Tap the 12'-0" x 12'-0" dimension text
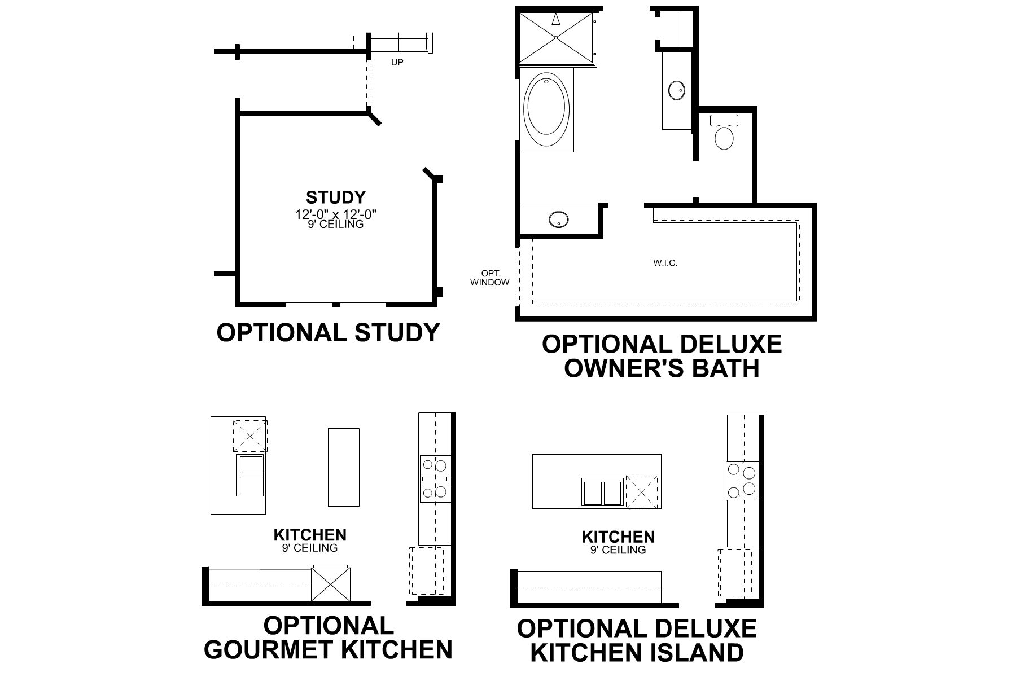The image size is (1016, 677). pyautogui.click(x=335, y=214)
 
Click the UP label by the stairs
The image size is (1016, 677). pyautogui.click(x=397, y=63)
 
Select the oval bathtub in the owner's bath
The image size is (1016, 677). pyautogui.click(x=545, y=107)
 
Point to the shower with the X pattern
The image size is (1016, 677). pyautogui.click(x=556, y=37)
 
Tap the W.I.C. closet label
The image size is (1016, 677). pyautogui.click(x=665, y=263)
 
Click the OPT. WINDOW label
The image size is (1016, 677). pyautogui.click(x=489, y=278)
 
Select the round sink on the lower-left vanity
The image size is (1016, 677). pyautogui.click(x=558, y=219)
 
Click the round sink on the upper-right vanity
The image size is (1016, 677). pyautogui.click(x=676, y=90)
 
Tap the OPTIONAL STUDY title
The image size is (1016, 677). pyautogui.click(x=328, y=332)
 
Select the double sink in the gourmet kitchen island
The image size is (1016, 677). pyautogui.click(x=251, y=475)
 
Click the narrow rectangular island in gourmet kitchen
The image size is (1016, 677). pyautogui.click(x=343, y=467)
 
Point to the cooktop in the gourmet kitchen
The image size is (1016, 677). pyautogui.click(x=434, y=479)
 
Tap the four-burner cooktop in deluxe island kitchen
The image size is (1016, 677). pyautogui.click(x=742, y=481)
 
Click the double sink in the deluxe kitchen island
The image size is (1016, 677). pyautogui.click(x=602, y=493)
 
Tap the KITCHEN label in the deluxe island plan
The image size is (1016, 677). pyautogui.click(x=618, y=537)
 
